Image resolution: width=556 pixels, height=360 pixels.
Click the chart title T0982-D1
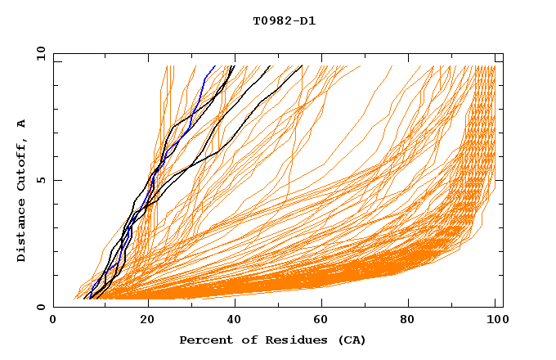click(x=284, y=20)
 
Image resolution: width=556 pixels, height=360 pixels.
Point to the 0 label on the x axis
click(x=53, y=321)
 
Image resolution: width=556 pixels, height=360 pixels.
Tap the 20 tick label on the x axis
click(x=147, y=321)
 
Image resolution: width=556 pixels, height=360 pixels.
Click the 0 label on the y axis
click(x=39, y=308)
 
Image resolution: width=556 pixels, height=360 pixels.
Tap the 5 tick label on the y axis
click(x=39, y=180)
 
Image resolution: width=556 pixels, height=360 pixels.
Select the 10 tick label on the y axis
click(x=38, y=53)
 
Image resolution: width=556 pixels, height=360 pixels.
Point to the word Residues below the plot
click(x=289, y=340)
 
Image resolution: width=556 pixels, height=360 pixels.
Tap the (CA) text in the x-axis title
click(x=352, y=340)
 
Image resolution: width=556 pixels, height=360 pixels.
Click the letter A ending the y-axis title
click(x=21, y=123)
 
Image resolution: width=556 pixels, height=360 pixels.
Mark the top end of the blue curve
click(x=215, y=66)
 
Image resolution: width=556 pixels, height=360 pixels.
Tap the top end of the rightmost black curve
click(x=302, y=66)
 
